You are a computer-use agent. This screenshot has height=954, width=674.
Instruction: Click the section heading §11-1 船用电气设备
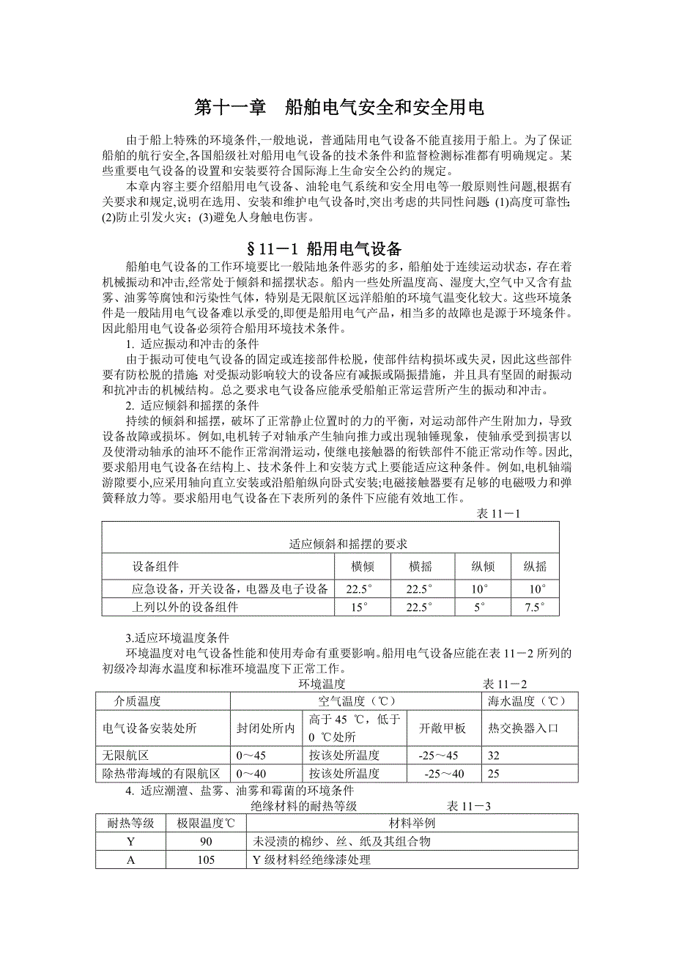point(336,248)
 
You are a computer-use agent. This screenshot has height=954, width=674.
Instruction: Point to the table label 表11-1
point(498,514)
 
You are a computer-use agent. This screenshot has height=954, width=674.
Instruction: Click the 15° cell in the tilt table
point(358,607)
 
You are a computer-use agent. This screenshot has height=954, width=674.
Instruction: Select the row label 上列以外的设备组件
point(185,607)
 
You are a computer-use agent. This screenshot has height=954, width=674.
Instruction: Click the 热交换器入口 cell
point(524,728)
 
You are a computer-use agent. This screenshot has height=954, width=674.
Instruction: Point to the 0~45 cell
point(251,755)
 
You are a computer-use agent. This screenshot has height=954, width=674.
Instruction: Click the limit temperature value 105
point(206,859)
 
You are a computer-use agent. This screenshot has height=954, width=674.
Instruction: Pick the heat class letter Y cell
point(131,841)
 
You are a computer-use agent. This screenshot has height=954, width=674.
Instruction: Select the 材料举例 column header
point(413,823)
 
